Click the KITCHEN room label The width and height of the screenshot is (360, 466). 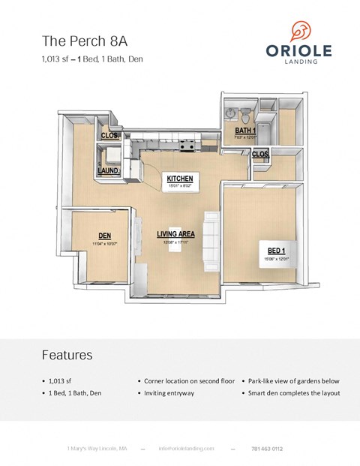180,178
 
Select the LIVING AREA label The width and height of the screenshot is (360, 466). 175,234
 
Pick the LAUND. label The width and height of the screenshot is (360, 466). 109,171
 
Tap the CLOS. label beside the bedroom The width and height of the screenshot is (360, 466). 260,154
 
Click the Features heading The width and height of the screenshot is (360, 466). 67,354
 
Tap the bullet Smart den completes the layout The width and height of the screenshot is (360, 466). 291,392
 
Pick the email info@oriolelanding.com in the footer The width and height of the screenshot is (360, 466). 187,449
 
